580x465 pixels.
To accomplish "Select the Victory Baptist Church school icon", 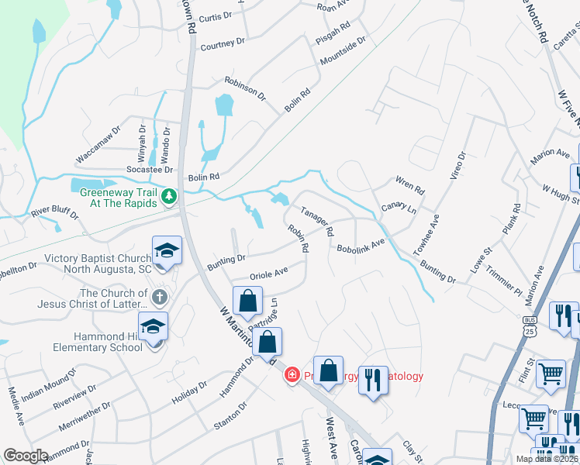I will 167,252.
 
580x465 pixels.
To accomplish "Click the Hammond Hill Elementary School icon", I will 153,329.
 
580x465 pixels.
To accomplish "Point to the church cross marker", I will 158,296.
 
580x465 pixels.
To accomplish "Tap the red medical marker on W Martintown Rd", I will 292,375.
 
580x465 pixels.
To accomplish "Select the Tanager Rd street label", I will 317,221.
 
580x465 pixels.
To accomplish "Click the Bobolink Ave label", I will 361,246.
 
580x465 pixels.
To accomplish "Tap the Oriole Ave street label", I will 269,274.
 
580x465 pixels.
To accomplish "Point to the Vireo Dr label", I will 458,166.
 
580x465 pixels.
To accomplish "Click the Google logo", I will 26,456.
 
